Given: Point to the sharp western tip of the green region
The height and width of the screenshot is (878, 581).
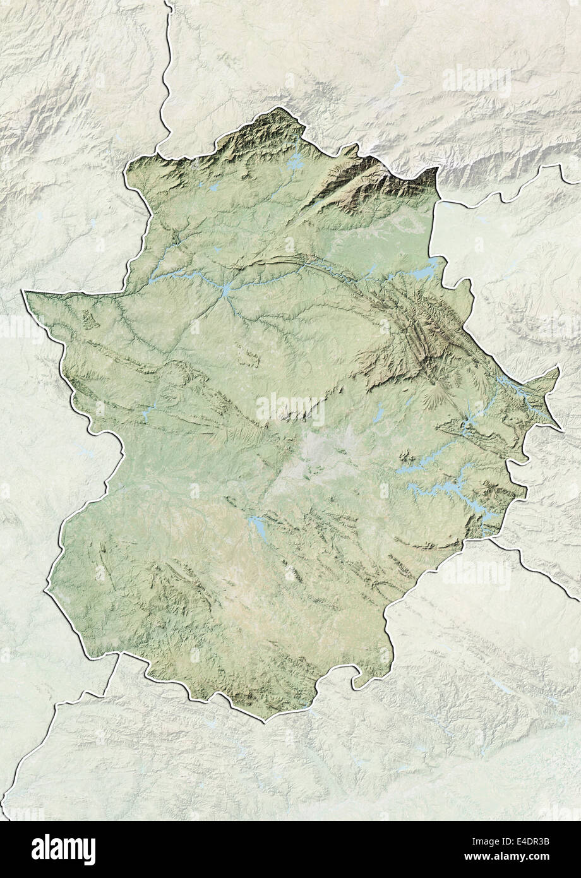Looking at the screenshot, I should coord(25,292).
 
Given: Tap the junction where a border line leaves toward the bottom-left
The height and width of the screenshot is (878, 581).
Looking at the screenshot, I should coord(118,655).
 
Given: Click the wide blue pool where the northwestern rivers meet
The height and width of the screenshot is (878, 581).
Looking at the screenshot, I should coord(225,289).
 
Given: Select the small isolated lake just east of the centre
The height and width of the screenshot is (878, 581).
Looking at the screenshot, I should coord(380,413).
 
